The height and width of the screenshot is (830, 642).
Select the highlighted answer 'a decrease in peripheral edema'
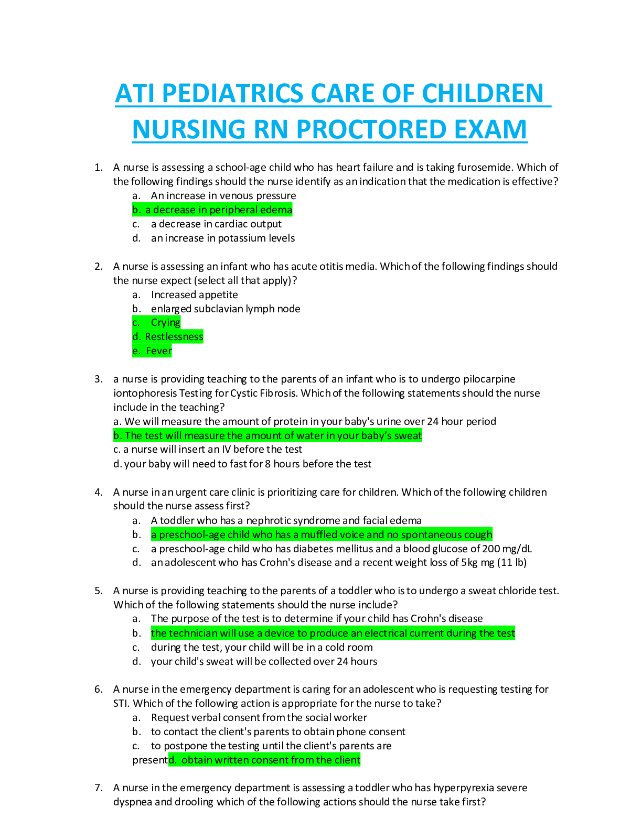pyautogui.click(x=212, y=210)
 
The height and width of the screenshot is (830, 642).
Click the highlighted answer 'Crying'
pyautogui.click(x=157, y=323)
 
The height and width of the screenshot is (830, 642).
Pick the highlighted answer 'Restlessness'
pyautogui.click(x=168, y=337)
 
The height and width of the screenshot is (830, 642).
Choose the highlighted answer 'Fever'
pyautogui.click(x=152, y=351)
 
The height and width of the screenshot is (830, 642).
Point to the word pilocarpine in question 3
pyautogui.click(x=489, y=379)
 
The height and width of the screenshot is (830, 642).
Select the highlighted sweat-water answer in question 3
pyautogui.click(x=267, y=436)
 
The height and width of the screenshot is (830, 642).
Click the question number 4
pyautogui.click(x=98, y=493)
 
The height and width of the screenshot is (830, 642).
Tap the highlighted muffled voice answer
pyautogui.click(x=322, y=535)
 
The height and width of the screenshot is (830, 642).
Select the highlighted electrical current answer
pyautogui.click(x=333, y=634)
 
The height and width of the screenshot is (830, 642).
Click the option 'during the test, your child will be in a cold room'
pyautogui.click(x=262, y=648)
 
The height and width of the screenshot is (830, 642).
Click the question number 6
pyautogui.click(x=98, y=690)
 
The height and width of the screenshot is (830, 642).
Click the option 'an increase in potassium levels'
pyautogui.click(x=223, y=238)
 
